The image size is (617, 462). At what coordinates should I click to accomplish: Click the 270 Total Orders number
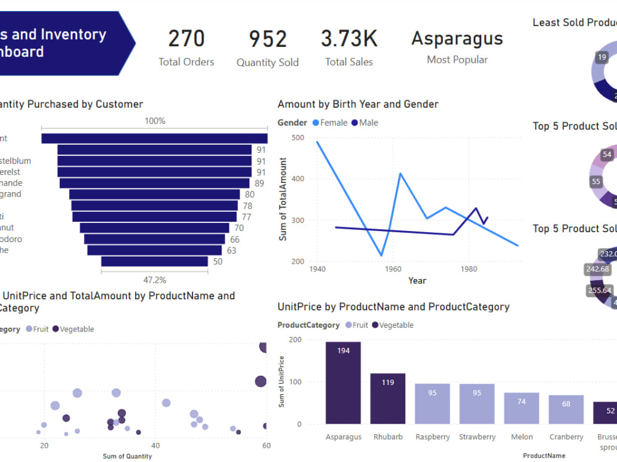click(186, 39)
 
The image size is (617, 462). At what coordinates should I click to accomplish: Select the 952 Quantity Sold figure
click(268, 39)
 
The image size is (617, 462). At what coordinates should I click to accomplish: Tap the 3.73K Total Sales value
click(349, 39)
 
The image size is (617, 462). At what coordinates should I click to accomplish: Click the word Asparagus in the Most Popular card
click(457, 38)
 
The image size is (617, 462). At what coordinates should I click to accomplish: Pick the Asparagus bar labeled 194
click(343, 383)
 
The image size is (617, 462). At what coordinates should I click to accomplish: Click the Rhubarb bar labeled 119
click(387, 399)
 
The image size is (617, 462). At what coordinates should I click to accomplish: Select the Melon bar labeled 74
click(521, 408)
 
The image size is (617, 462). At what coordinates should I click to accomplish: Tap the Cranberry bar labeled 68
click(566, 410)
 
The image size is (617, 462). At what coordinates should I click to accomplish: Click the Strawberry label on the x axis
click(477, 437)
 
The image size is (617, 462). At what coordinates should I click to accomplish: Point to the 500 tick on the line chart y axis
click(297, 138)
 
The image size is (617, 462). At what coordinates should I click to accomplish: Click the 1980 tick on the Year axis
click(469, 269)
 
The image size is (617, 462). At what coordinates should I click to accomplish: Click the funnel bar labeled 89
click(154, 183)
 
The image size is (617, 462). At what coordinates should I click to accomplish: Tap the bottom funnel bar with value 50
click(154, 261)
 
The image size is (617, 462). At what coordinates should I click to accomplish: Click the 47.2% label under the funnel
click(155, 280)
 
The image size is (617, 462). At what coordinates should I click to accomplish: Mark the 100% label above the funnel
click(155, 121)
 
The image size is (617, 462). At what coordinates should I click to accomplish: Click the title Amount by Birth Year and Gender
click(358, 104)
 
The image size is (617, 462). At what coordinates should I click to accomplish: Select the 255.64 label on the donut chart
click(600, 291)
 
